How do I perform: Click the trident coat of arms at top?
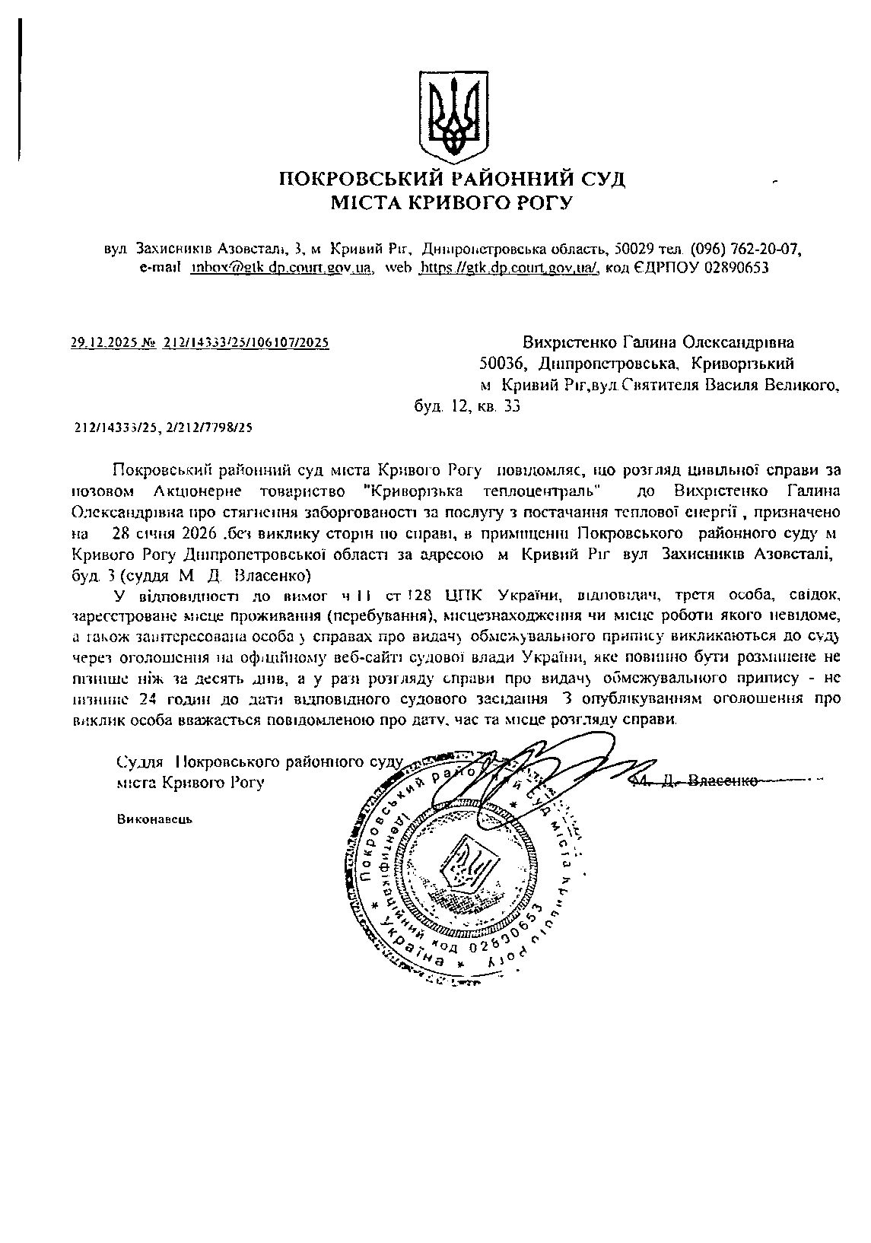[453, 114]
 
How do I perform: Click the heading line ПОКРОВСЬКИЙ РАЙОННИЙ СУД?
[453, 180]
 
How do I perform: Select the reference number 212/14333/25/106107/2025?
[246, 343]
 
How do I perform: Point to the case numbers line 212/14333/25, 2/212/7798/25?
[164, 428]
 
